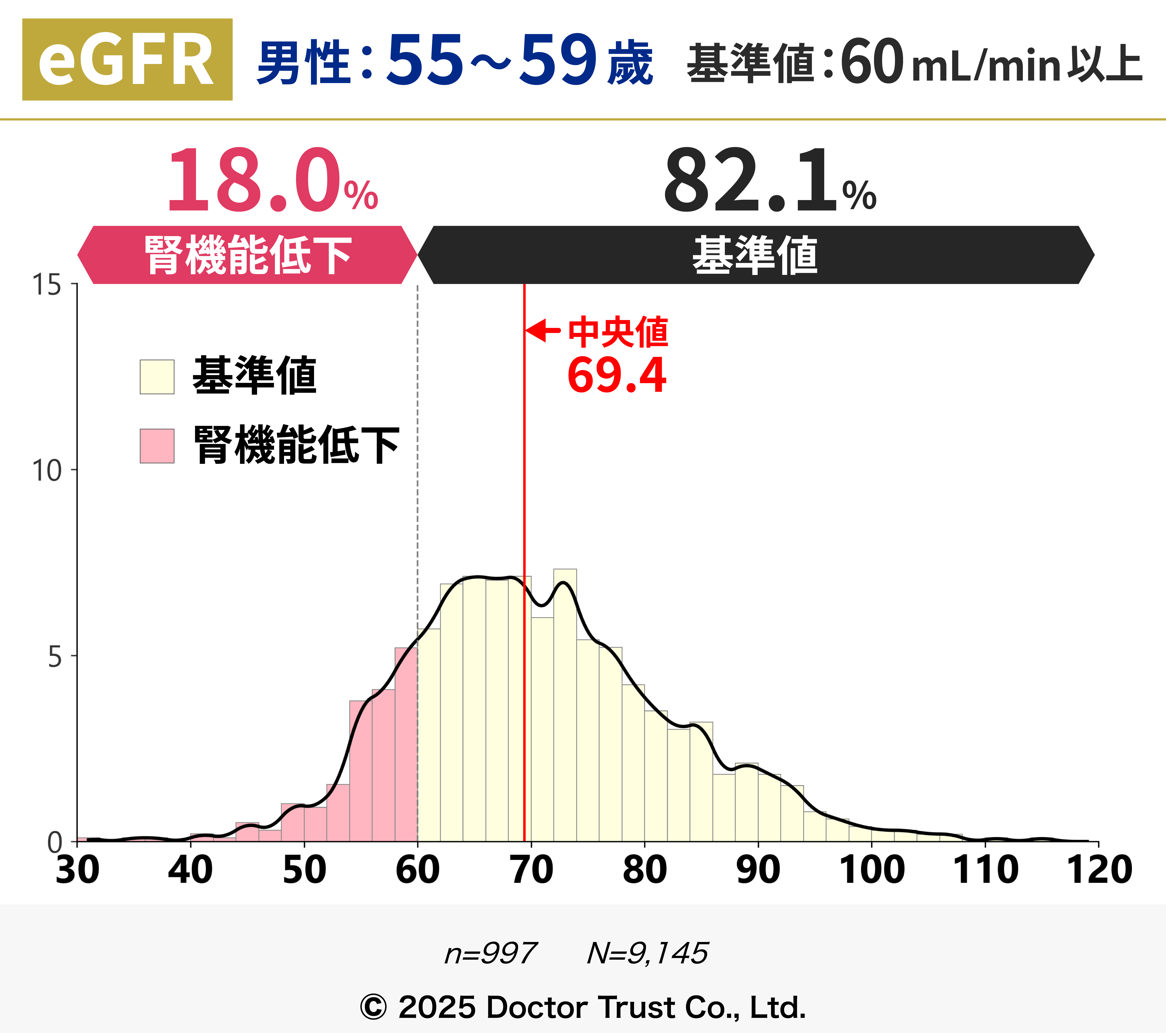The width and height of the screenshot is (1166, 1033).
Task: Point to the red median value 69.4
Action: click(x=617, y=375)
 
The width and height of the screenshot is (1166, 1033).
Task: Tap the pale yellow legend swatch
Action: click(x=157, y=376)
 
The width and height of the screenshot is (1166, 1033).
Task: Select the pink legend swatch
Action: click(x=157, y=446)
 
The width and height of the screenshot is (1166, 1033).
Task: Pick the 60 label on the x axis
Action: click(x=418, y=870)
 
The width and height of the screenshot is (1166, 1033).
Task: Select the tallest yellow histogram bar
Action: click(x=565, y=707)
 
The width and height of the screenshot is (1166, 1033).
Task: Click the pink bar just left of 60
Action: click(x=406, y=747)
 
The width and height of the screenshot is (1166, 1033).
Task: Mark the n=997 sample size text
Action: click(x=491, y=953)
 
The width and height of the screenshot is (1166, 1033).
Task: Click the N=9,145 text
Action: click(x=647, y=953)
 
